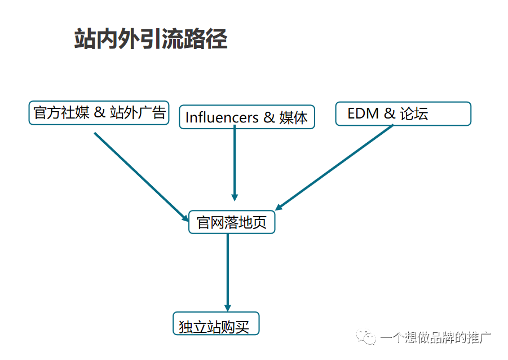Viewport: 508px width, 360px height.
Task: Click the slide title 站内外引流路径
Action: [151, 39]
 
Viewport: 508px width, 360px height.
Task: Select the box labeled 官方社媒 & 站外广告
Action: [99, 112]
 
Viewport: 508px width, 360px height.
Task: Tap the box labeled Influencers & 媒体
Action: [246, 117]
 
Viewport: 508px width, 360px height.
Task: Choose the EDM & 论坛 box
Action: [403, 113]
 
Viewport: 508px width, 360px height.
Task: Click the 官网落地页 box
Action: [231, 222]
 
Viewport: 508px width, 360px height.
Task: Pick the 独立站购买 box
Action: [215, 324]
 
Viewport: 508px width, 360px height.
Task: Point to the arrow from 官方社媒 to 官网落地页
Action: [141, 176]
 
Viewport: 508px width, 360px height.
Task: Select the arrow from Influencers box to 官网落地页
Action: [235, 164]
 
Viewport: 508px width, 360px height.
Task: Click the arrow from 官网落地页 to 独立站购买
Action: [228, 271]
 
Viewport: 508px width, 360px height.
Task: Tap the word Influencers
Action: [222, 117]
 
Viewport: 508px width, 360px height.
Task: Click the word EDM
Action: [363, 113]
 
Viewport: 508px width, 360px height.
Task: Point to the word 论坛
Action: [414, 113]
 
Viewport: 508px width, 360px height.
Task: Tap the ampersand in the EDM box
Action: [390, 113]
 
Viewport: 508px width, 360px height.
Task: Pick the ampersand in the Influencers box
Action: [268, 117]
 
